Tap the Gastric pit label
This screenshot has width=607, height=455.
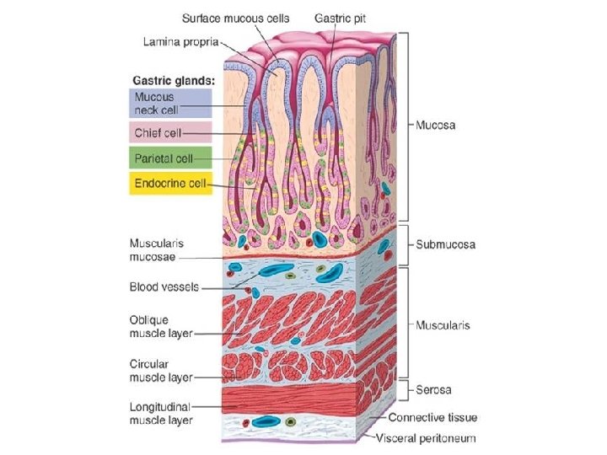coord(341,17)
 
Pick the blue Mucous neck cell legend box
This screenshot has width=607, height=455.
coord(169,103)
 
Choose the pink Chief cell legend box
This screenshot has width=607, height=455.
coord(169,133)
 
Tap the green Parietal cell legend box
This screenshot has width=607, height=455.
coord(169,158)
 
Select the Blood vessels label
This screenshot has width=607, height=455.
coord(164,287)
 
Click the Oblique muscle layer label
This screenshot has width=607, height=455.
coord(161,326)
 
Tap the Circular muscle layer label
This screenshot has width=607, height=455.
coord(161,371)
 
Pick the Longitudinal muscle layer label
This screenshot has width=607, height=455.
coord(161,413)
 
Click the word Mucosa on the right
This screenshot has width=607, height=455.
coord(435,126)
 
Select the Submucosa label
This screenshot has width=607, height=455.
coord(445,245)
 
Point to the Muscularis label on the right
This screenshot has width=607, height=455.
coord(443,324)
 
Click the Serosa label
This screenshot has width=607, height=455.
coord(433,390)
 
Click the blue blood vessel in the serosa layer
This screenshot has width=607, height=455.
coord(267,420)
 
